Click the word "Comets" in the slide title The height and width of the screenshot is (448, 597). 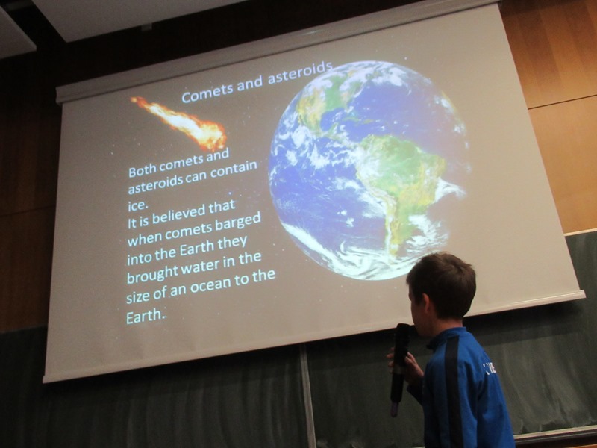[207, 91]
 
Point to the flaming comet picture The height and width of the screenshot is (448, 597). [181, 123]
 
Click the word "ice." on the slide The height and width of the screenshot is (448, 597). [137, 205]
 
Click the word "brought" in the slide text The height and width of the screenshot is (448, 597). [152, 273]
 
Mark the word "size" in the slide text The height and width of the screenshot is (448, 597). [138, 296]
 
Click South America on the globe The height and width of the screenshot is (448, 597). [400, 183]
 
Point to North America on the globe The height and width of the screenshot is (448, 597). [324, 99]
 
